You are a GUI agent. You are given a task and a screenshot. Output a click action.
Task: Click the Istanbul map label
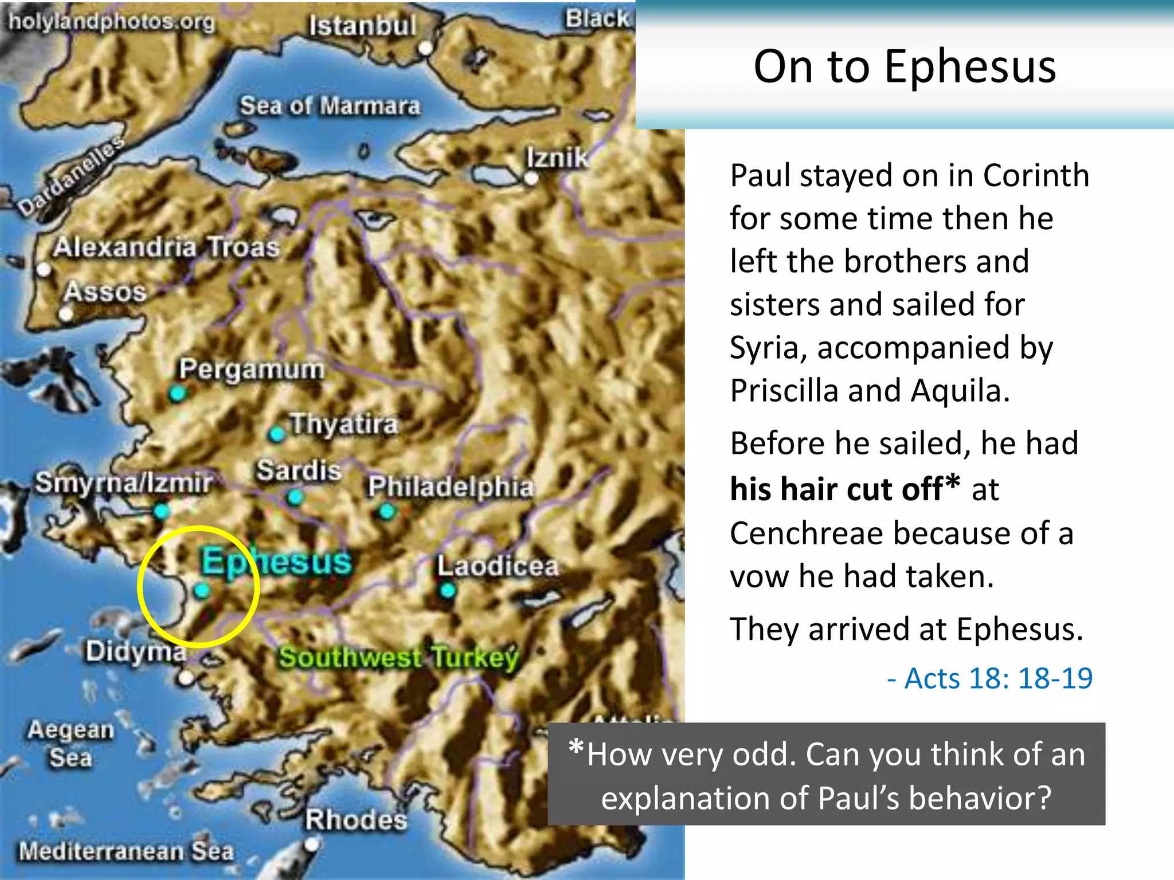tap(362, 26)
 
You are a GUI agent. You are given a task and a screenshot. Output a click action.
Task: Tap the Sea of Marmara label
tap(330, 106)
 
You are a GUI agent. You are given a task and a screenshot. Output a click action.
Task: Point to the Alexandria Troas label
tap(166, 247)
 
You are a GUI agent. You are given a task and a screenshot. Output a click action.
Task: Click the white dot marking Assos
tap(66, 313)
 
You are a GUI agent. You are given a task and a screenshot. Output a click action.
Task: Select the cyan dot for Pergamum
tap(177, 394)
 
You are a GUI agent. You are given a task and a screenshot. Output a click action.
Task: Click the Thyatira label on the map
tap(343, 425)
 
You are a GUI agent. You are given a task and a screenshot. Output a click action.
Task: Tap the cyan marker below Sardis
tap(295, 497)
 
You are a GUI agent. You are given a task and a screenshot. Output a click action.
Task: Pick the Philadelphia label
tap(451, 487)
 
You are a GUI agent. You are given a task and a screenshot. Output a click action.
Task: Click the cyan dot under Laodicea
tap(448, 590)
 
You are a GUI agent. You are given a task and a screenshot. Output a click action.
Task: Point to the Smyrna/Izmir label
tap(123, 483)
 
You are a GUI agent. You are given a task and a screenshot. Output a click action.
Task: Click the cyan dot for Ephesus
tap(201, 590)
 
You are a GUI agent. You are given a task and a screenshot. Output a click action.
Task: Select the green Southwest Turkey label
tap(399, 657)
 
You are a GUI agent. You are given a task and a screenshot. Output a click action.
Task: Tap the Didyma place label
tap(136, 651)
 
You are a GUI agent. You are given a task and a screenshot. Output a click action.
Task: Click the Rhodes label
tap(356, 820)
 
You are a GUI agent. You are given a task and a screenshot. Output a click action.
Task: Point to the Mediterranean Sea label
tap(126, 851)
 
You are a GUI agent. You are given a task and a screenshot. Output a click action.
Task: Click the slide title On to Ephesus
tap(904, 66)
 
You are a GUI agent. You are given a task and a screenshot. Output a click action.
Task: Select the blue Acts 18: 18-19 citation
tap(989, 678)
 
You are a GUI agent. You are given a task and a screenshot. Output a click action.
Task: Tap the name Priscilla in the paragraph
tap(783, 391)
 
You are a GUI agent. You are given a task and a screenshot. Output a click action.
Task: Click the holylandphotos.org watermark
tap(111, 22)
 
